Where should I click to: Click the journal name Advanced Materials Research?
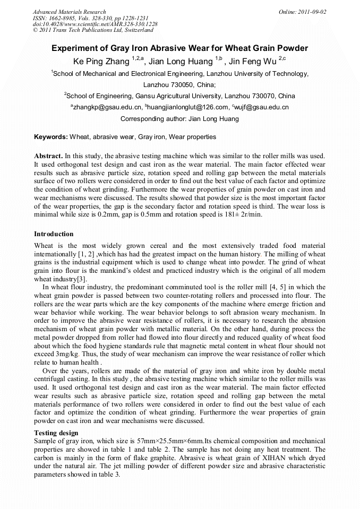click(69, 12)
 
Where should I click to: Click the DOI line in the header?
click(95, 24)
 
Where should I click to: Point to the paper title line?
click(179, 48)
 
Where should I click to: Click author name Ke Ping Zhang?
click(101, 62)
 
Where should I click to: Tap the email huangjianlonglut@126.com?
click(177, 107)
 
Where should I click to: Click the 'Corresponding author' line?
click(179, 119)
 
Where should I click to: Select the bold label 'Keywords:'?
click(51, 137)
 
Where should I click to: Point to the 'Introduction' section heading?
click(54, 234)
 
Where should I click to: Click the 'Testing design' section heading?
click(56, 433)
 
